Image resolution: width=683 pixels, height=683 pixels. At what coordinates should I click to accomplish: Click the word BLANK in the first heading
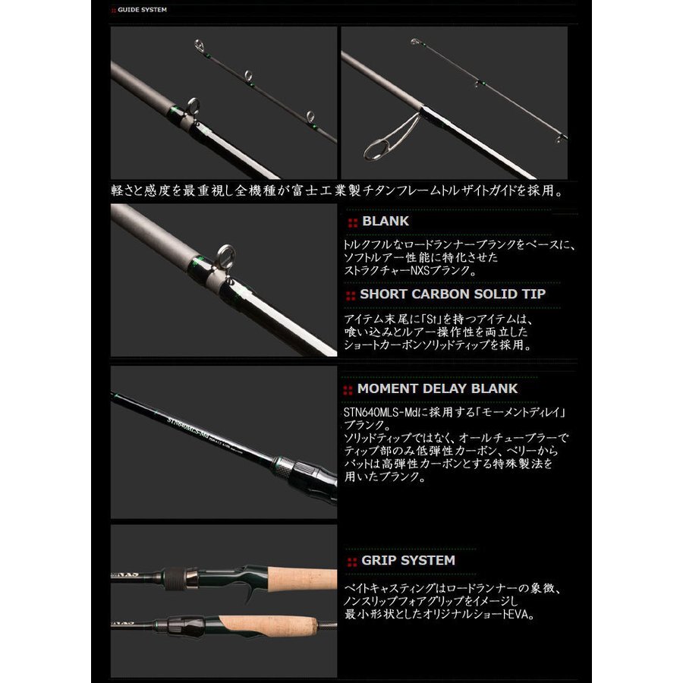click(x=386, y=221)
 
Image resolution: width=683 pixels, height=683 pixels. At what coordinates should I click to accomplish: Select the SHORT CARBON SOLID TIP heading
click(x=452, y=294)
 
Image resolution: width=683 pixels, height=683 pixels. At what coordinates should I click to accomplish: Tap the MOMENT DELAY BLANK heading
click(x=437, y=389)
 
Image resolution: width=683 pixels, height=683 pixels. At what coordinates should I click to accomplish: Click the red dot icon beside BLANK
click(x=352, y=222)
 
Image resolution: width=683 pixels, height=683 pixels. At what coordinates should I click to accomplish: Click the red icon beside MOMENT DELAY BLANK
click(x=348, y=390)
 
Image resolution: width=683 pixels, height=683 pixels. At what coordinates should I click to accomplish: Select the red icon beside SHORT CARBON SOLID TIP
click(x=351, y=295)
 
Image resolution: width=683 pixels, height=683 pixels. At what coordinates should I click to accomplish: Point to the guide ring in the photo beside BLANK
click(x=225, y=255)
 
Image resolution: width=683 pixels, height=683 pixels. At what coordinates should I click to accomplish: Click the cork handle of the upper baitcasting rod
click(x=288, y=580)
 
